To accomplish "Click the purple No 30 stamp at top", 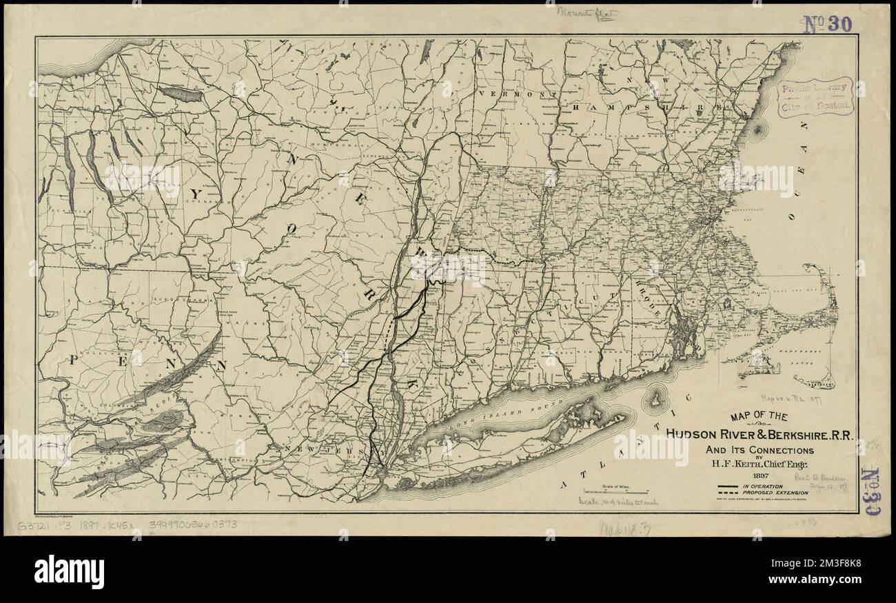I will pos(826,25).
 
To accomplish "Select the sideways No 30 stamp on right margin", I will pos(870,491).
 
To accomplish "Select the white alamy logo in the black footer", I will pos(69,572).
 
